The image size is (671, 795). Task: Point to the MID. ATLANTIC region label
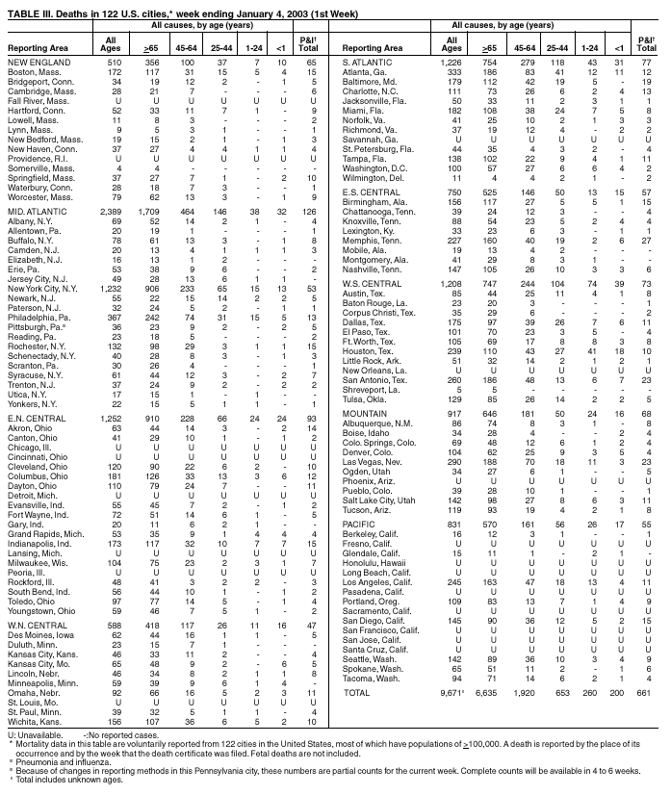click(x=33, y=209)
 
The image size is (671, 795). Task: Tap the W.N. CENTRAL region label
click(x=35, y=599)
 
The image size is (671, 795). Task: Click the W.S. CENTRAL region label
click(x=371, y=284)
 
